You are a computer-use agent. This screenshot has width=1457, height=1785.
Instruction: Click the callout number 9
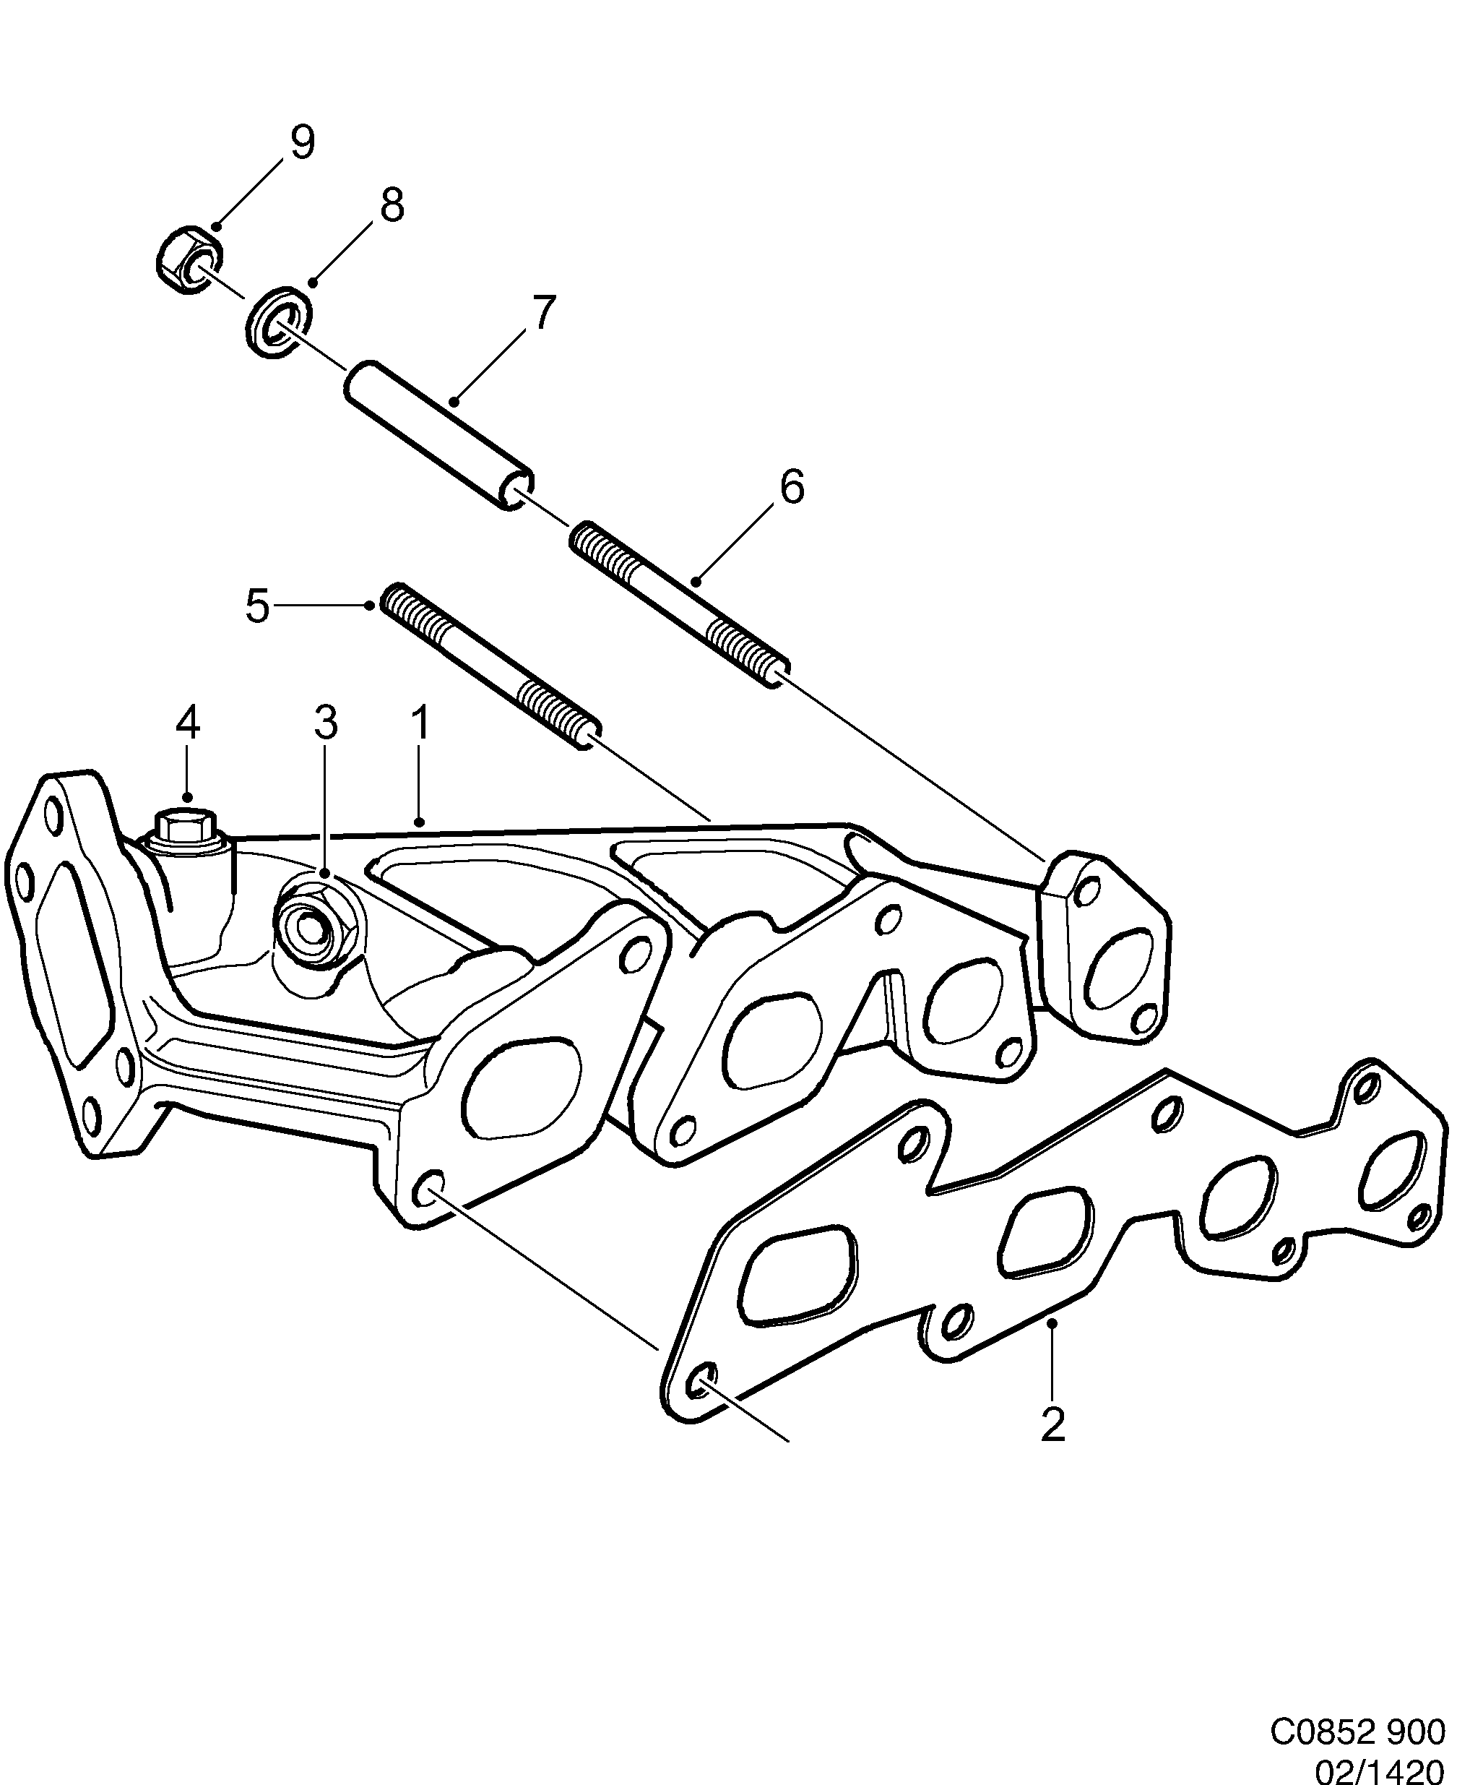(x=301, y=143)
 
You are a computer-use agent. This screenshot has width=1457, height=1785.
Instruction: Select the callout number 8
(x=391, y=204)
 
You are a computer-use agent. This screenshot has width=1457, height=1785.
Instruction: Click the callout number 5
(x=258, y=606)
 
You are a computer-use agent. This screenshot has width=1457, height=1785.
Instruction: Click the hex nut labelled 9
(x=189, y=259)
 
